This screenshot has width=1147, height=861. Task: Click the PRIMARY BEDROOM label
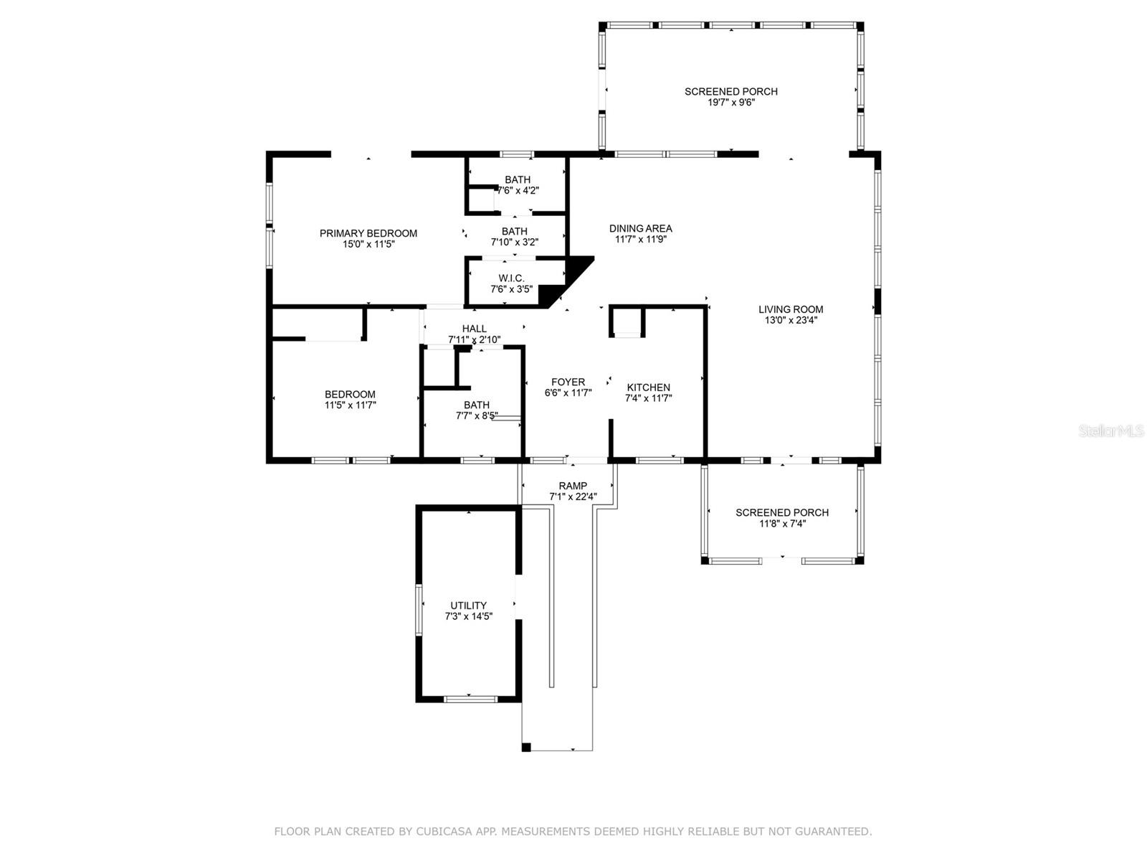tap(368, 233)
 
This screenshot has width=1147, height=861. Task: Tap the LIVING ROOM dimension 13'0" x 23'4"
tap(791, 321)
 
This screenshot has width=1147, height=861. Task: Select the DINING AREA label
tap(640, 229)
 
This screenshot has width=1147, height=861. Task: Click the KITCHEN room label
tap(648, 387)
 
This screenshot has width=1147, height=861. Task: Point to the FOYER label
tap(568, 382)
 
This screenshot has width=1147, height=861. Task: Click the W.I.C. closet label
tap(511, 278)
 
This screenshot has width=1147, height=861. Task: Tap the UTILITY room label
tap(468, 606)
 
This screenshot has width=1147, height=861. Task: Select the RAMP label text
tap(573, 486)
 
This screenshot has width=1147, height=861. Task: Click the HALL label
tap(474, 329)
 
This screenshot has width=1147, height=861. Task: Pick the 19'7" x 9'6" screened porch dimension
tap(730, 103)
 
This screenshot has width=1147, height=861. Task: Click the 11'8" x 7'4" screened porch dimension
tap(781, 524)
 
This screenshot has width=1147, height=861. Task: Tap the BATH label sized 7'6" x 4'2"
tap(517, 179)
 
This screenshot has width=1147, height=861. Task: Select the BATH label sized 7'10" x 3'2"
tap(514, 231)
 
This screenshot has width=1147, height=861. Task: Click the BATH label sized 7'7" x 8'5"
tap(476, 405)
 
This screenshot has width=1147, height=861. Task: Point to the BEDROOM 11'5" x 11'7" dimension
tap(350, 405)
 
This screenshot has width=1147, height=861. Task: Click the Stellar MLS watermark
tap(1110, 431)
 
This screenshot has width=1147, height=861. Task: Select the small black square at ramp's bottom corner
tap(526, 748)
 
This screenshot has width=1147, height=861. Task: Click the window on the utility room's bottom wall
tap(470, 698)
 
